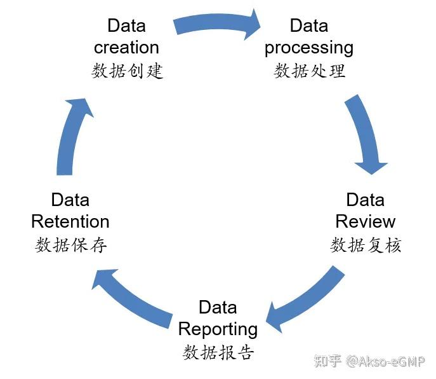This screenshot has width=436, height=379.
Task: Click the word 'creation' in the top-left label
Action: pyautogui.click(x=126, y=48)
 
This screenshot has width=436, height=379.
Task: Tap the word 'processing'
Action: pyautogui.click(x=309, y=48)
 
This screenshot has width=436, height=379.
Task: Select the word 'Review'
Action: pyautogui.click(x=365, y=221)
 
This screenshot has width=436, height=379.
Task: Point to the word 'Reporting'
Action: pyautogui.click(x=218, y=329)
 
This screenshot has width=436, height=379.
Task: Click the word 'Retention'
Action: pyautogui.click(x=70, y=221)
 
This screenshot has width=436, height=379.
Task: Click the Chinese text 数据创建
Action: pyautogui.click(x=127, y=71)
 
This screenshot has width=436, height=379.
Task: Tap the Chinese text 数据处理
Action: pyautogui.click(x=310, y=71)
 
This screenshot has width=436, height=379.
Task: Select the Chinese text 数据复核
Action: pyautogui.click(x=366, y=245)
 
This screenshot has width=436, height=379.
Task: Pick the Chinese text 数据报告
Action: pyautogui.click(x=218, y=352)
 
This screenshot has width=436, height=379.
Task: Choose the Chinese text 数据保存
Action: pyautogui.click(x=70, y=245)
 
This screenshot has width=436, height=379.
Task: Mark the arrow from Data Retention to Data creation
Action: pyautogui.click(x=70, y=137)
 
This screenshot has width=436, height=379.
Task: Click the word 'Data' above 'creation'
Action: pyautogui.click(x=126, y=25)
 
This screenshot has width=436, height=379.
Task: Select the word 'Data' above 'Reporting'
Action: pyautogui.click(x=218, y=307)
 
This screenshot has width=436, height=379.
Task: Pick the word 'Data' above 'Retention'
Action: pyautogui.click(x=70, y=200)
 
